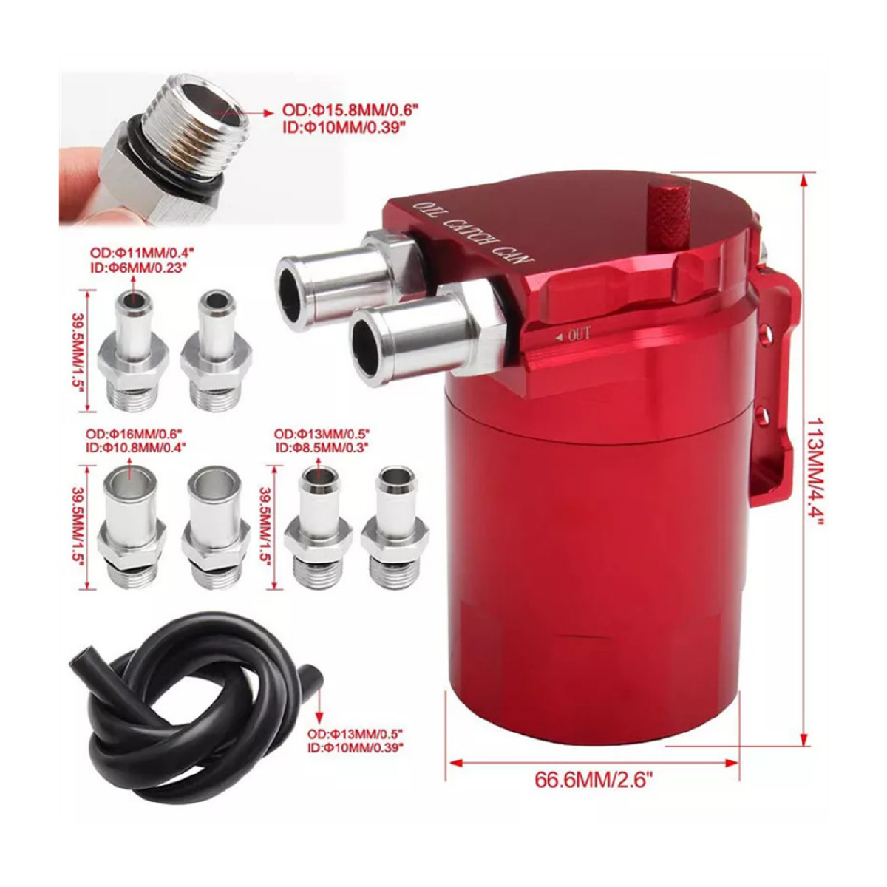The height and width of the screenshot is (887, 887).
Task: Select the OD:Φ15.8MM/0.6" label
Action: [351, 112]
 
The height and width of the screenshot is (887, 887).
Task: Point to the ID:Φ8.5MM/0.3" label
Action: [322, 446]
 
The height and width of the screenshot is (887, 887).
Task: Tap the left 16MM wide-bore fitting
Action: [132, 526]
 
